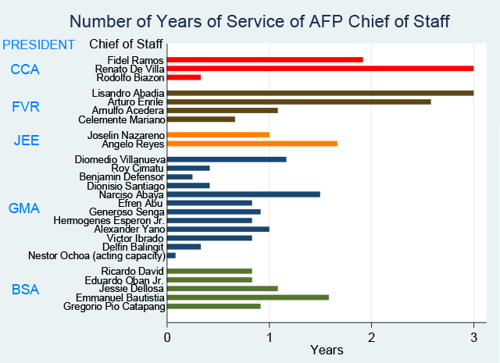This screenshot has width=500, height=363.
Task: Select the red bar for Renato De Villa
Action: pos(320,68)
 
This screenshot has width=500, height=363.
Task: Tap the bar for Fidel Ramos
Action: pos(265,59)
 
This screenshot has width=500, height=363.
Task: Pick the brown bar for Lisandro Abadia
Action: pos(320,93)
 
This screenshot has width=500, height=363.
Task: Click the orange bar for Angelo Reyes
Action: pos(252,143)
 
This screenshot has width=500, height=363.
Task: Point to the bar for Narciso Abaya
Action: pos(244,194)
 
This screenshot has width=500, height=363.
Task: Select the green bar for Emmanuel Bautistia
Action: pos(248,297)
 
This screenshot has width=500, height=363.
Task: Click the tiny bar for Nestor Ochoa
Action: pos(171,255)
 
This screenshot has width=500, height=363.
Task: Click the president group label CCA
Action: pos(25,70)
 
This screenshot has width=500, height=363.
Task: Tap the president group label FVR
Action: pos(25,106)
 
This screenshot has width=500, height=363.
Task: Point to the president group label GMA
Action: pos(25,208)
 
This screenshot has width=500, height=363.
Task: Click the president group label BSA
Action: pos(25,290)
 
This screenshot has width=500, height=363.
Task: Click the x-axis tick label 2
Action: pos(371,336)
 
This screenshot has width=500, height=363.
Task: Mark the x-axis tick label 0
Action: pos(167,336)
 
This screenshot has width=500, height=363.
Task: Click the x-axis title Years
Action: pos(327,351)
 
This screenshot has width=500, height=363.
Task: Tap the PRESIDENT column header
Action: pos(39,44)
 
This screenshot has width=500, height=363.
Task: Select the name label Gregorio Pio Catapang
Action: pos(114,306)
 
